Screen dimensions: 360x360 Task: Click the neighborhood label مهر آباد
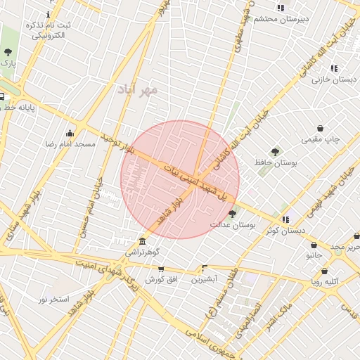point(139,91)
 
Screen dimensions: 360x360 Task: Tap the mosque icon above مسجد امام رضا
point(70,133)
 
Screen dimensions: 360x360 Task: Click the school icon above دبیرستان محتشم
point(281,8)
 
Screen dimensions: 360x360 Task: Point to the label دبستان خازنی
point(335,80)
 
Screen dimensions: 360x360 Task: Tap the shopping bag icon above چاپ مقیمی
point(321,129)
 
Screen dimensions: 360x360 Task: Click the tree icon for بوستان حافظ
point(275,151)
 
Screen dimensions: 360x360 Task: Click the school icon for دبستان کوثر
point(285,219)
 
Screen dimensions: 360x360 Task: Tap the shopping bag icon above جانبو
point(314,245)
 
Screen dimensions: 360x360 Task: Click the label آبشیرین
point(205,278)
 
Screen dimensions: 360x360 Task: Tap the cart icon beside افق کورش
point(161,269)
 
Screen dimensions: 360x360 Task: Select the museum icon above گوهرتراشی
point(142,240)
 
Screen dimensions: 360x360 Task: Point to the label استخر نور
point(53,299)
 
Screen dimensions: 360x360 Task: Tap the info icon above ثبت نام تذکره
point(48,14)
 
